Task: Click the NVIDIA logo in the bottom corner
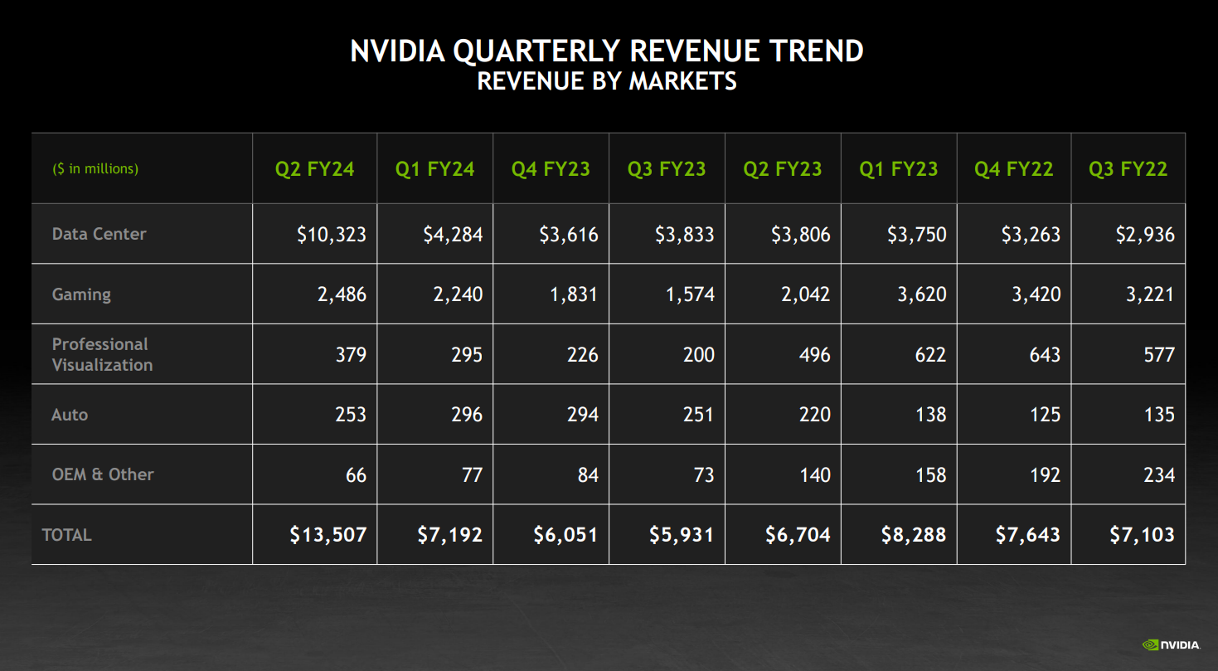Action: coord(1172,644)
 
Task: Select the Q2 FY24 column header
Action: coord(314,169)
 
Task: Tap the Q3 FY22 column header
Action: coord(1128,169)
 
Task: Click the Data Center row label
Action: coord(99,234)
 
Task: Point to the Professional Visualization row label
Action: coord(102,354)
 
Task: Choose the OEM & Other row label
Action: coord(103,474)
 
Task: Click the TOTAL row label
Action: coord(67,535)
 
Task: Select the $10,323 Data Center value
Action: coord(331,235)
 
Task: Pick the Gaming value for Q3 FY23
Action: coord(684,294)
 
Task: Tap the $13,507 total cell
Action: coord(328,535)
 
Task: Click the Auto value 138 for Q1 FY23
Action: coord(930,415)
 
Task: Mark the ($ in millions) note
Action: coord(95,169)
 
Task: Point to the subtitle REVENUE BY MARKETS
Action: coord(607,81)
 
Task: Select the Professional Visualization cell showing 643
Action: coord(1044,355)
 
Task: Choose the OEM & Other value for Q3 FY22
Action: coord(1158,475)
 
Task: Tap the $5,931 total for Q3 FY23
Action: coord(681,535)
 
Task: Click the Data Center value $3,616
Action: coord(568,235)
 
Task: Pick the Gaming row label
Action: coord(81,294)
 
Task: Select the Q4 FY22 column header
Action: coord(1013,169)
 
